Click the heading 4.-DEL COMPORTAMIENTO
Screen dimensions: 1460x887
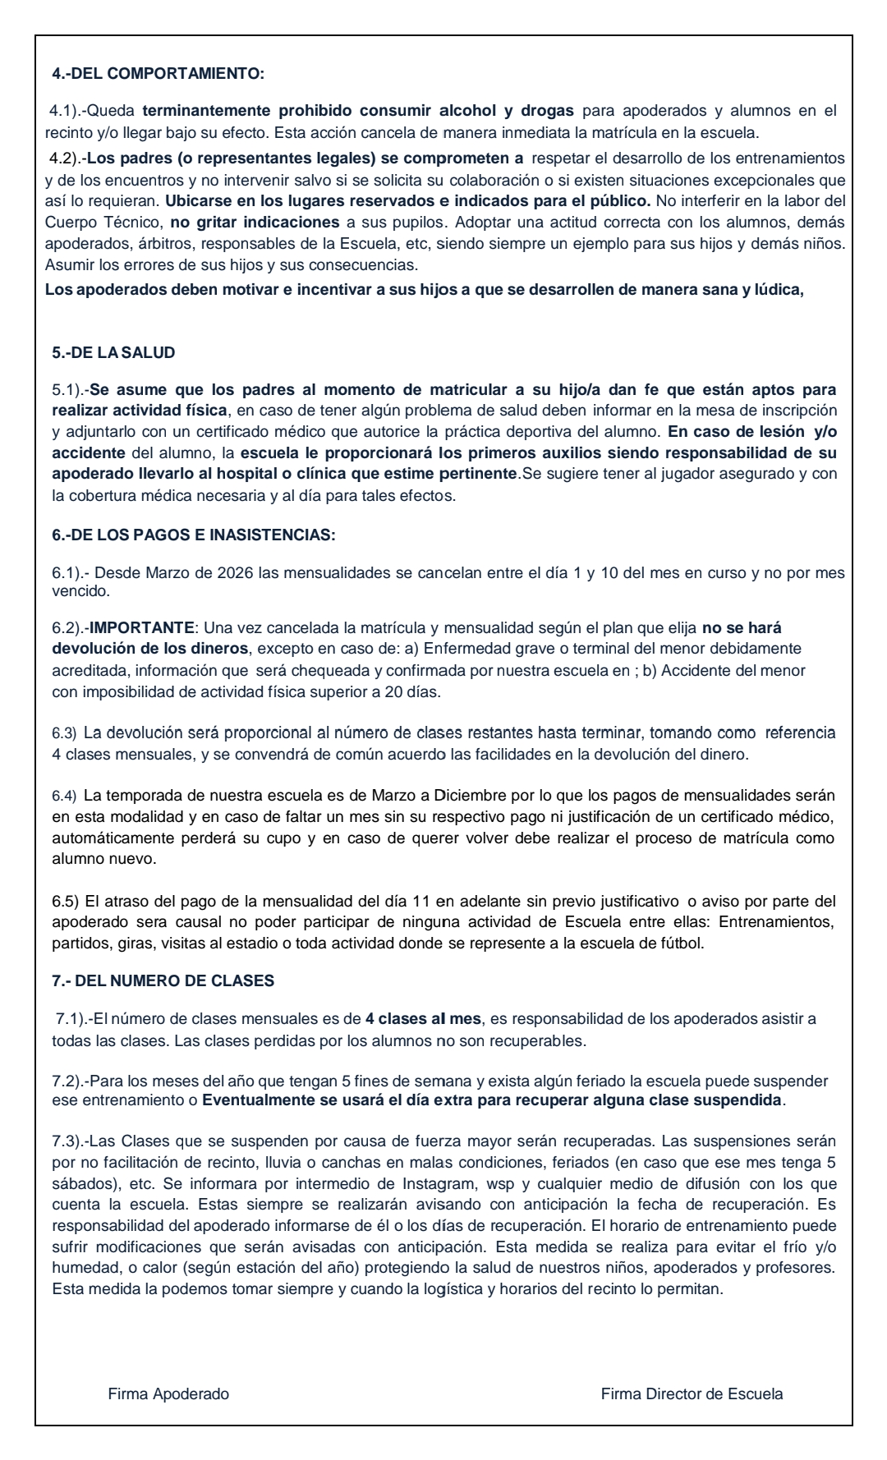158,74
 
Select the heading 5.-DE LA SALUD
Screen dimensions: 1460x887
113,353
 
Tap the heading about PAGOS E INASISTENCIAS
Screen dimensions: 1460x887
194,535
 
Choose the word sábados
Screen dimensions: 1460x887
77,1184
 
